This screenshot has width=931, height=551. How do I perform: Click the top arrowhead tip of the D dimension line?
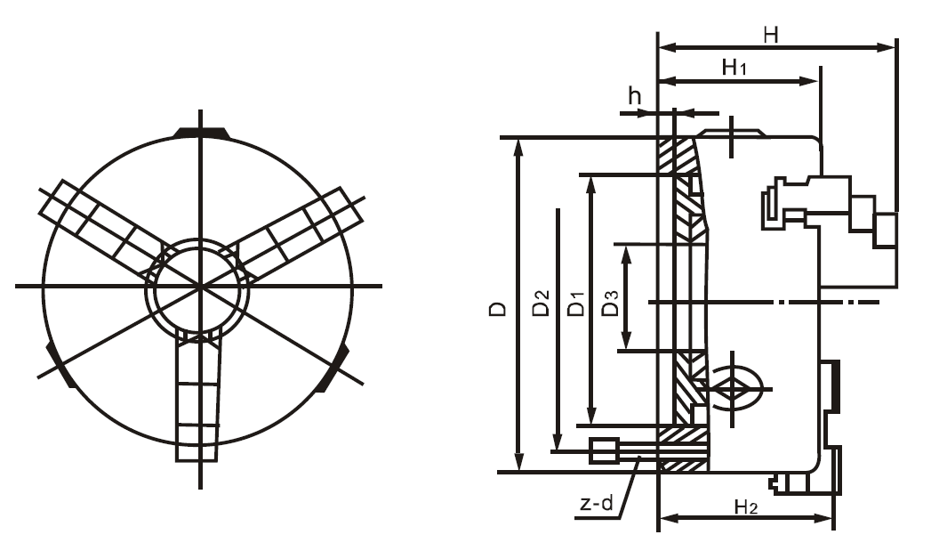tap(519, 139)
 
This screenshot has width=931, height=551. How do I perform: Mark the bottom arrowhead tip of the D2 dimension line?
tap(557, 450)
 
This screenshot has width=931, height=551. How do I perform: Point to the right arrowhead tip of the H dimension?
tap(895, 47)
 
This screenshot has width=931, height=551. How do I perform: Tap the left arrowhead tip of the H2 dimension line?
tap(660, 519)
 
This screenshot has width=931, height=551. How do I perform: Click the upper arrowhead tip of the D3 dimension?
tap(626, 246)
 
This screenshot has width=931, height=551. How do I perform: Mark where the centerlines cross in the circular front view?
tap(201, 287)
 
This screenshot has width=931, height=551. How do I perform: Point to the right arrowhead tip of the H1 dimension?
tap(819, 81)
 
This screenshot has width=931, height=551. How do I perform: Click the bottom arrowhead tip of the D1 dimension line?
tap(590, 424)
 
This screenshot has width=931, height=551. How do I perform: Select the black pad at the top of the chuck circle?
tap(201, 133)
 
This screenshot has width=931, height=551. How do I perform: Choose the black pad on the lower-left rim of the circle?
tap(61, 364)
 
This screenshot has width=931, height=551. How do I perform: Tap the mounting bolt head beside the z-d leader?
tap(603, 450)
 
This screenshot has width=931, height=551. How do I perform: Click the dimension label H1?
tap(734, 67)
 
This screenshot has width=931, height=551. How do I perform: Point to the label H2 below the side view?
tap(746, 507)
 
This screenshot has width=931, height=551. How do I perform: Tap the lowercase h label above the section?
tap(635, 96)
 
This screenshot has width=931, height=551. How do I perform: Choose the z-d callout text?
tap(596, 504)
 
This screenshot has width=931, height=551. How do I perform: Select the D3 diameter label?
tap(610, 303)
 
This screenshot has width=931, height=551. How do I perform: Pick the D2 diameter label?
tap(542, 303)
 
